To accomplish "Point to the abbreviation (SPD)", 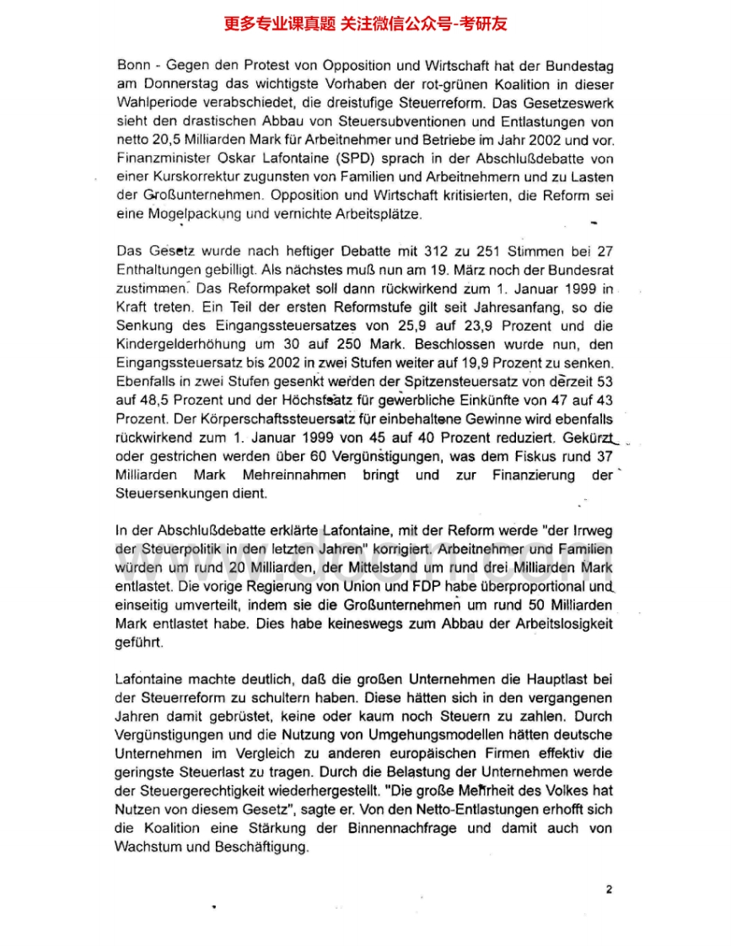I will click(x=337, y=159).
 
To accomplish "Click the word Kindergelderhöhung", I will click(x=174, y=344).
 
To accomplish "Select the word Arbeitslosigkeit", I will click(x=559, y=623).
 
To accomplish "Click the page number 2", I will click(x=609, y=889).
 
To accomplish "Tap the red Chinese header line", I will click(x=365, y=24).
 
